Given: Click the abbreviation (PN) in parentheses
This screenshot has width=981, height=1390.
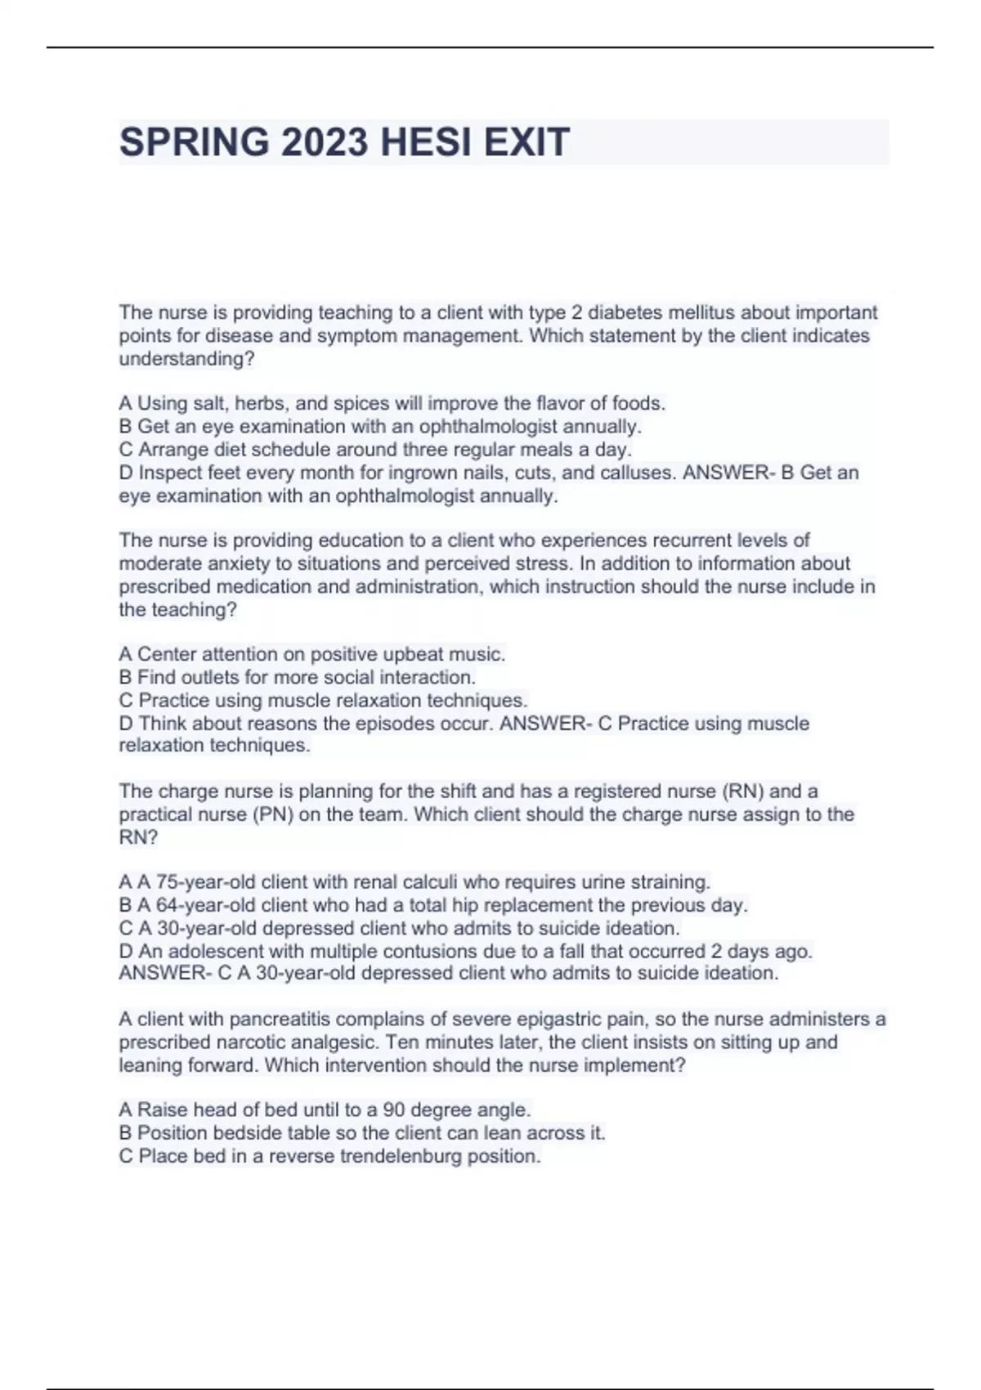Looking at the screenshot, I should coord(273,814).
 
